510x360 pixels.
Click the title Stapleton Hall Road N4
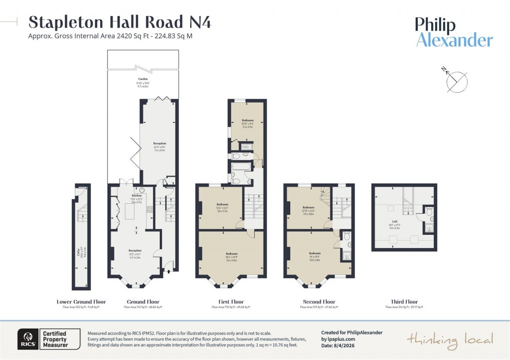pyautogui.click(x=120, y=22)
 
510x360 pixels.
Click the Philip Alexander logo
pyautogui.click(x=454, y=32)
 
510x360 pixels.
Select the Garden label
pyautogui.click(x=143, y=79)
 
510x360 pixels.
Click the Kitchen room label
pyautogui.click(x=137, y=196)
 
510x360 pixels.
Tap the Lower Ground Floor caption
pyautogui.click(x=81, y=302)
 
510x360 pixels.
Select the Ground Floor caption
pyautogui.click(x=143, y=302)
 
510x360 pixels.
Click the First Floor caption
pyautogui.click(x=231, y=302)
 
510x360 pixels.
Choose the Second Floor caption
pyautogui.click(x=319, y=302)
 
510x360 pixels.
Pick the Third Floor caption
pyautogui.click(x=404, y=302)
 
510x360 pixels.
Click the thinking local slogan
pyautogui.click(x=450, y=340)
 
